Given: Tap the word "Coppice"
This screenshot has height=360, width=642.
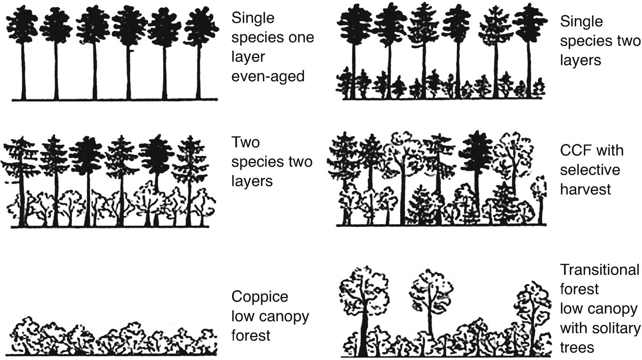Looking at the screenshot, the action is (260, 297).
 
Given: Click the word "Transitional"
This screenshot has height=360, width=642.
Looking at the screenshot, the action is (600, 270).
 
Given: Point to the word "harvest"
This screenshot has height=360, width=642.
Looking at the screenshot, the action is (586, 189).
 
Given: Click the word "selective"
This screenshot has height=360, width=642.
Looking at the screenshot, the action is (590, 169).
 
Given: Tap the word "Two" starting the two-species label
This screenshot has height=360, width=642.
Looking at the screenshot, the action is (245, 142).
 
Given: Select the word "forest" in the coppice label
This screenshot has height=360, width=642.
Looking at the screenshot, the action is (251, 335).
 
